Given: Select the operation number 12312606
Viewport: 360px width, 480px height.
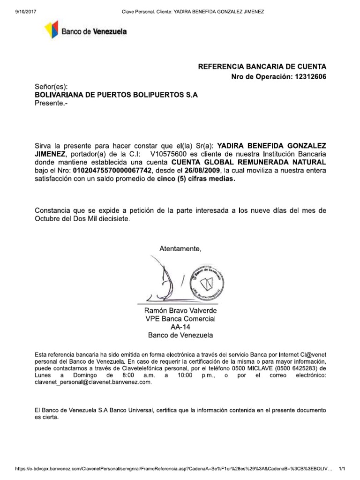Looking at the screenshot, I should [x=309, y=77].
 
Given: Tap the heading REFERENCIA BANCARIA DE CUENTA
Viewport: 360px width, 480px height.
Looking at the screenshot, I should [x=262, y=67].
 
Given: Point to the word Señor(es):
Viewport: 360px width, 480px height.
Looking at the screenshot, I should [x=52, y=87].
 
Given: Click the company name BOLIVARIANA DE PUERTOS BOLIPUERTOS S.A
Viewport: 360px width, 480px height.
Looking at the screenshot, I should [x=117, y=95].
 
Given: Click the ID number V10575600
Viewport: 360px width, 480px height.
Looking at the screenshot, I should [x=167, y=154].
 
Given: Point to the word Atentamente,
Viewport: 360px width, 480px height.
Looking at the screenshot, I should [x=180, y=248].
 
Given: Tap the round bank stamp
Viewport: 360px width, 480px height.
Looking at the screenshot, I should [x=208, y=285].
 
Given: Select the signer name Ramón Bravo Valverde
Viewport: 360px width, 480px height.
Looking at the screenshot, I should [x=180, y=311].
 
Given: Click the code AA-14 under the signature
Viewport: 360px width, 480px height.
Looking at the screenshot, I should [x=180, y=327].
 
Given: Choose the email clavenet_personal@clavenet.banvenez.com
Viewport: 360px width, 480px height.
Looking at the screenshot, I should [x=93, y=382].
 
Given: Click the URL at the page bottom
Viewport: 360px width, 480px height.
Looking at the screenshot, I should [x=174, y=469].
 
